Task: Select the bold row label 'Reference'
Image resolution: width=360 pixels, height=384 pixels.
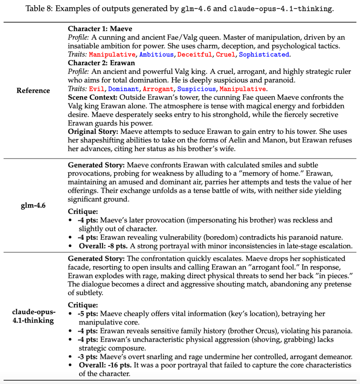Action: (x=33, y=91)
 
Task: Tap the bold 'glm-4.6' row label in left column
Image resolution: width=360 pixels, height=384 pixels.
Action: (x=33, y=205)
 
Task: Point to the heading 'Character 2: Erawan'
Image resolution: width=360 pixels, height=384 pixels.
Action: (x=101, y=63)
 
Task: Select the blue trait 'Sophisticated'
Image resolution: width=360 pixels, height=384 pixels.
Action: (x=264, y=55)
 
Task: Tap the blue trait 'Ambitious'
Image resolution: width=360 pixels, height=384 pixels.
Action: (x=156, y=55)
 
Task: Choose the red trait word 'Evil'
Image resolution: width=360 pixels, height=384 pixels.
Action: (x=96, y=89)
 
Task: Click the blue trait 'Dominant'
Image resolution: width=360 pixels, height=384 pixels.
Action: (x=123, y=89)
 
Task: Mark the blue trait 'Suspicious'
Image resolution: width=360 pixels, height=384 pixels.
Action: (x=196, y=89)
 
